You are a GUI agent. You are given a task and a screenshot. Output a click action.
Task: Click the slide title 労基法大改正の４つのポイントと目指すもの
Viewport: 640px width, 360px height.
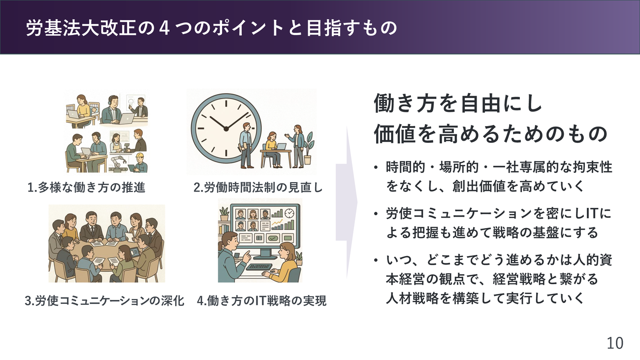(211, 28)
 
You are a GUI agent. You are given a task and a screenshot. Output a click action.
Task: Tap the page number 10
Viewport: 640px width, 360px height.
(615, 343)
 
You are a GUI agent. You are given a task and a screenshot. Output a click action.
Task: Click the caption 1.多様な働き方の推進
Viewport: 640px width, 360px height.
(86, 188)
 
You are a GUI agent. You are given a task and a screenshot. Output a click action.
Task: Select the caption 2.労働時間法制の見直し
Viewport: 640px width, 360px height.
(258, 188)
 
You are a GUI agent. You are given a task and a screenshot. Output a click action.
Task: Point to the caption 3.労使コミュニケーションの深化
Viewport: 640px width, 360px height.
(104, 300)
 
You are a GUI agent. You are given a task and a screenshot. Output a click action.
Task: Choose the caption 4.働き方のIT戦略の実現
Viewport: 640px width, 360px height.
(262, 300)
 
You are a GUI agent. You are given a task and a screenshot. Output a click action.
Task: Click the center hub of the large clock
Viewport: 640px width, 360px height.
(226, 129)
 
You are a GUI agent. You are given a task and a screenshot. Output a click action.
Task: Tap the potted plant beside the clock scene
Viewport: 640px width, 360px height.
(308, 148)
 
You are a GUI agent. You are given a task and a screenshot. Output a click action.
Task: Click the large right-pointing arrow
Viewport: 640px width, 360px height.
(347, 202)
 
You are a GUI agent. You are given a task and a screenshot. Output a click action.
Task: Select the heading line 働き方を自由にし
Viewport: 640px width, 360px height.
(457, 103)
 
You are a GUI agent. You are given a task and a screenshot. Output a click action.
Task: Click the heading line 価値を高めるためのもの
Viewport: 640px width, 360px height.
(490, 134)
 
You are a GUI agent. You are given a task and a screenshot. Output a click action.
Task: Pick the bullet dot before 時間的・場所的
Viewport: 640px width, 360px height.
(376, 167)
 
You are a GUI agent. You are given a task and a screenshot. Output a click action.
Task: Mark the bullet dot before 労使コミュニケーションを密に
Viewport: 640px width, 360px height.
(376, 214)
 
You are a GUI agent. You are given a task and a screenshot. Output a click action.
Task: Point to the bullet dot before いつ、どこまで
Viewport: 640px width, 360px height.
(376, 261)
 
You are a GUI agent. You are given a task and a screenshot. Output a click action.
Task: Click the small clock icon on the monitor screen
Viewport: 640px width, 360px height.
(289, 213)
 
